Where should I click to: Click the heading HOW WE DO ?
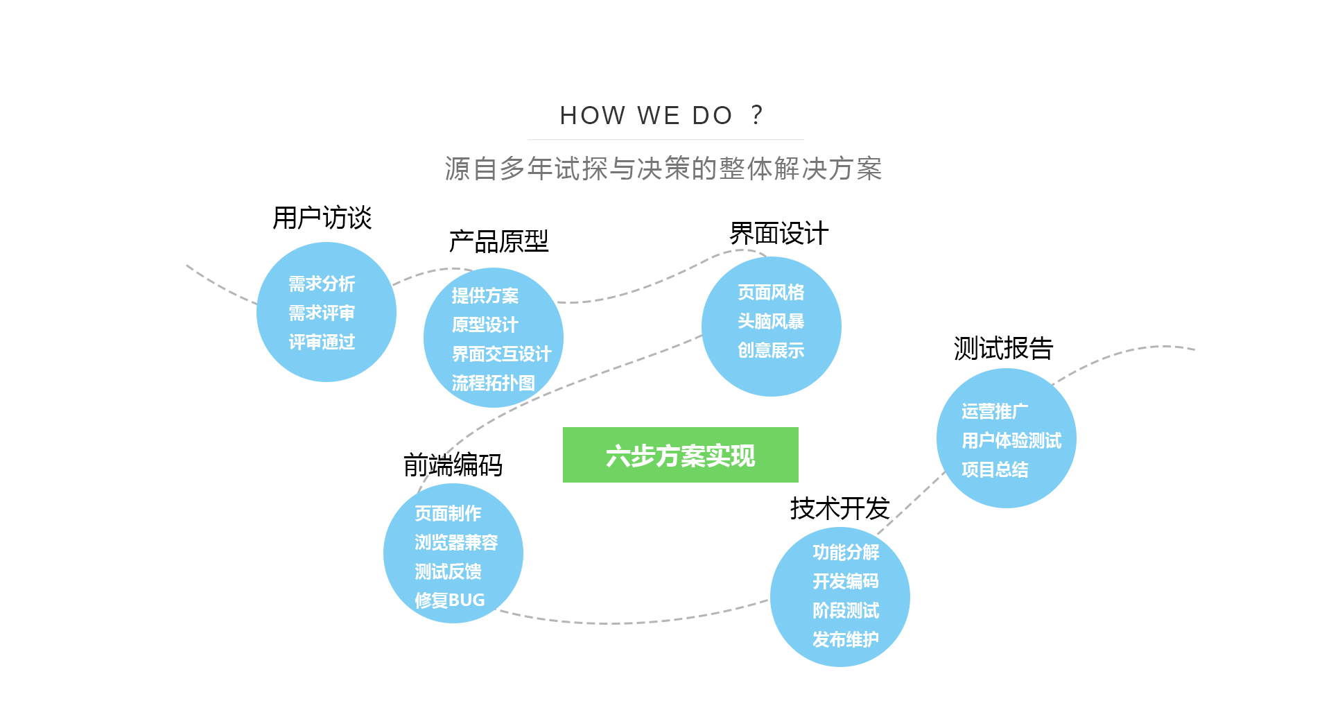(x=661, y=115)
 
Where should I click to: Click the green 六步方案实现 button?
(x=680, y=455)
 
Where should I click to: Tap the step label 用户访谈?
(x=322, y=218)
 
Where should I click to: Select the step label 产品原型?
(x=498, y=241)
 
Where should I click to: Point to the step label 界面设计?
(x=778, y=234)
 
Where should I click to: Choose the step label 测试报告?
(x=1003, y=348)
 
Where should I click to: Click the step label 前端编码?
(x=453, y=465)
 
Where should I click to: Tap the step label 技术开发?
(x=840, y=508)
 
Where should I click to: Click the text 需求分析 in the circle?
(x=322, y=284)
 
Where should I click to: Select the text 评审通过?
(x=322, y=342)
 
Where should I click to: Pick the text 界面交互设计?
(x=501, y=354)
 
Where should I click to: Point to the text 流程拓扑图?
(x=493, y=383)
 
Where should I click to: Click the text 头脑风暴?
(x=771, y=321)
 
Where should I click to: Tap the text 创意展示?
(x=771, y=350)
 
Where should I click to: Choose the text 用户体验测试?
(x=1011, y=440)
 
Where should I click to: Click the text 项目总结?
(x=995, y=469)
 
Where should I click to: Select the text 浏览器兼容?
(x=456, y=542)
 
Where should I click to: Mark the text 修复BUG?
(x=449, y=600)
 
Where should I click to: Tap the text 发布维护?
(x=845, y=639)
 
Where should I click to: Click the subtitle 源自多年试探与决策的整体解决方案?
(x=663, y=168)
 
